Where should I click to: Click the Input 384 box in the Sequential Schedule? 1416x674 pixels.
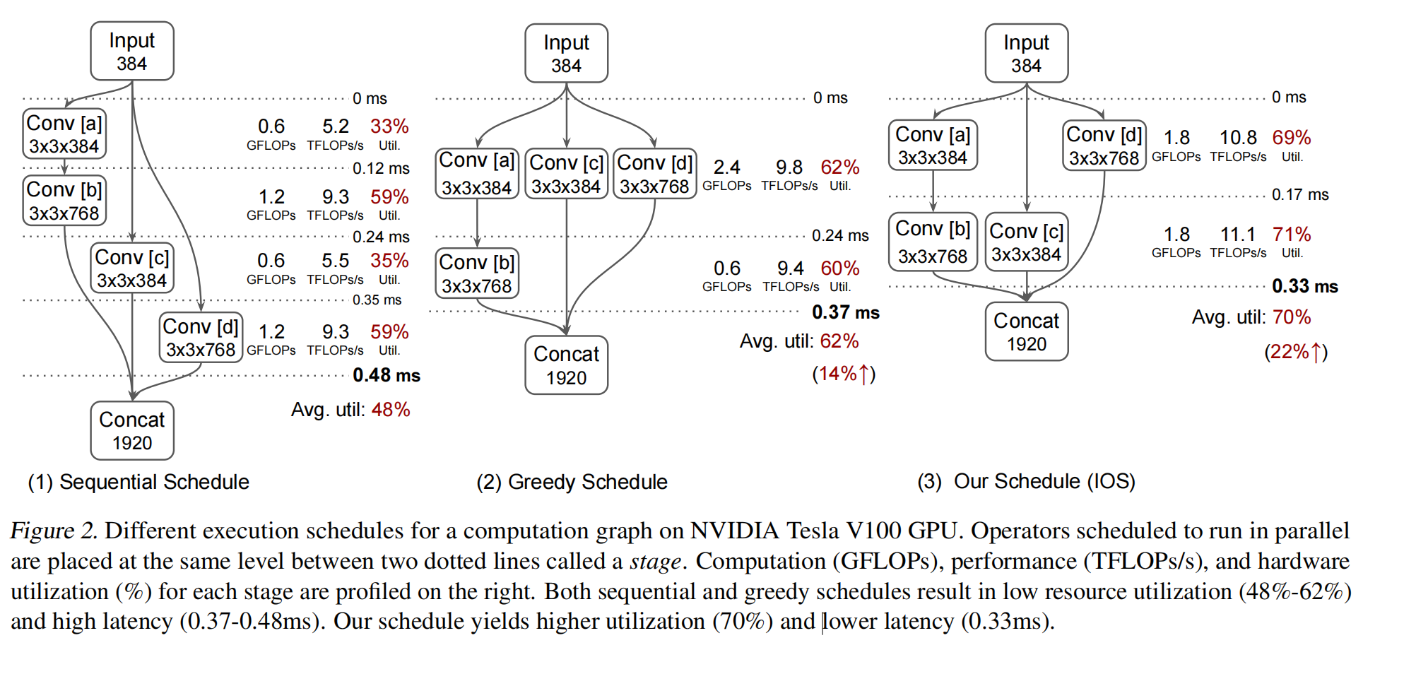132,52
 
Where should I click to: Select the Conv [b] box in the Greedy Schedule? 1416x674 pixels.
477,274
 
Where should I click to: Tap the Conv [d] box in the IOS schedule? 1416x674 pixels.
1104,146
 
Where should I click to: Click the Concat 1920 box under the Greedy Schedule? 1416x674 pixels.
566,365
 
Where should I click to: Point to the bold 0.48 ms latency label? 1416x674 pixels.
386,375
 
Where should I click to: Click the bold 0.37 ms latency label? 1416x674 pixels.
845,312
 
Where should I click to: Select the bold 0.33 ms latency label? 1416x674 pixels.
1304,286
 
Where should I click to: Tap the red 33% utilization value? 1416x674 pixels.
389,126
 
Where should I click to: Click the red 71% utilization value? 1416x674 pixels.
1291,235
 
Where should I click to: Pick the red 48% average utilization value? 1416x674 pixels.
391,410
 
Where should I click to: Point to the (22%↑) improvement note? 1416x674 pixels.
1295,352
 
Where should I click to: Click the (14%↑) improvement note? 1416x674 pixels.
844,374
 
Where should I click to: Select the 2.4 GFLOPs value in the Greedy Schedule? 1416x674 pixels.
726,167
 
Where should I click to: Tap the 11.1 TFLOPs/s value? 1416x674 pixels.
1237,235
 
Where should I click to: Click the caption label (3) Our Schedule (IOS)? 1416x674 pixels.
1026,482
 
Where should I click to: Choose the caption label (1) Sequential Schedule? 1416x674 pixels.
138,483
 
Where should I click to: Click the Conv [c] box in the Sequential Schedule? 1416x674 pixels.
132,268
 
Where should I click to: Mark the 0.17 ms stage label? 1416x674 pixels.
1299,195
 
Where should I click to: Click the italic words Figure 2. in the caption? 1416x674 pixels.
54,531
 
